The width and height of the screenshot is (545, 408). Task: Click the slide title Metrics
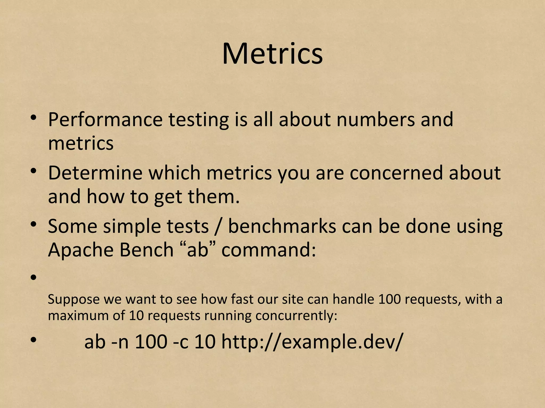272,54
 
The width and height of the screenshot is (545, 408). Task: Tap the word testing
199,120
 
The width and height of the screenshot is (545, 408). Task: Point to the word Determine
95,173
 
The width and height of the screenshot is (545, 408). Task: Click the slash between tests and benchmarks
218,227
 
